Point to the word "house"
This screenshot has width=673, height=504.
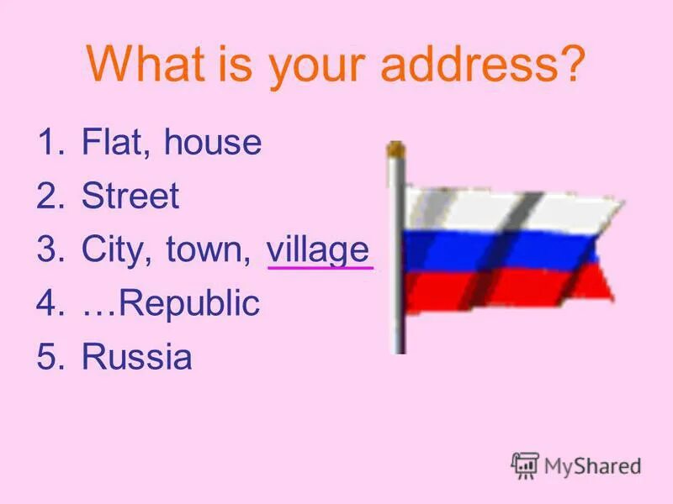(x=213, y=143)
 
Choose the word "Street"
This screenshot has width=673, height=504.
(x=130, y=197)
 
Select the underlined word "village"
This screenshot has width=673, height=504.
(x=318, y=250)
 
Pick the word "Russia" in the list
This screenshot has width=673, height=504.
(x=136, y=358)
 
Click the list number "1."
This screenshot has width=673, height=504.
(x=50, y=143)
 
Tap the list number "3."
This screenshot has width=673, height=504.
(x=50, y=250)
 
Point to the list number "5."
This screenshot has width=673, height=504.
(x=50, y=358)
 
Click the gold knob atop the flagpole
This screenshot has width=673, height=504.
(x=395, y=150)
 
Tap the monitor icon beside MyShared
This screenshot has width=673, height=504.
(x=525, y=465)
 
